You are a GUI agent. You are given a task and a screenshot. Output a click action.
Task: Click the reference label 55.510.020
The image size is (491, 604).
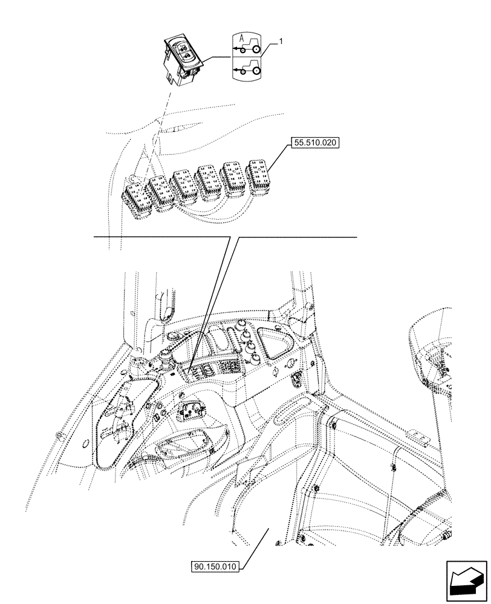click(316, 144)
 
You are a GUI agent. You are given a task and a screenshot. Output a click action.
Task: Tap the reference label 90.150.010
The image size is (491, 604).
click(215, 567)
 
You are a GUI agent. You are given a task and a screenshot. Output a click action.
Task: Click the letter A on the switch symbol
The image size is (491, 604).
click(241, 39)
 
